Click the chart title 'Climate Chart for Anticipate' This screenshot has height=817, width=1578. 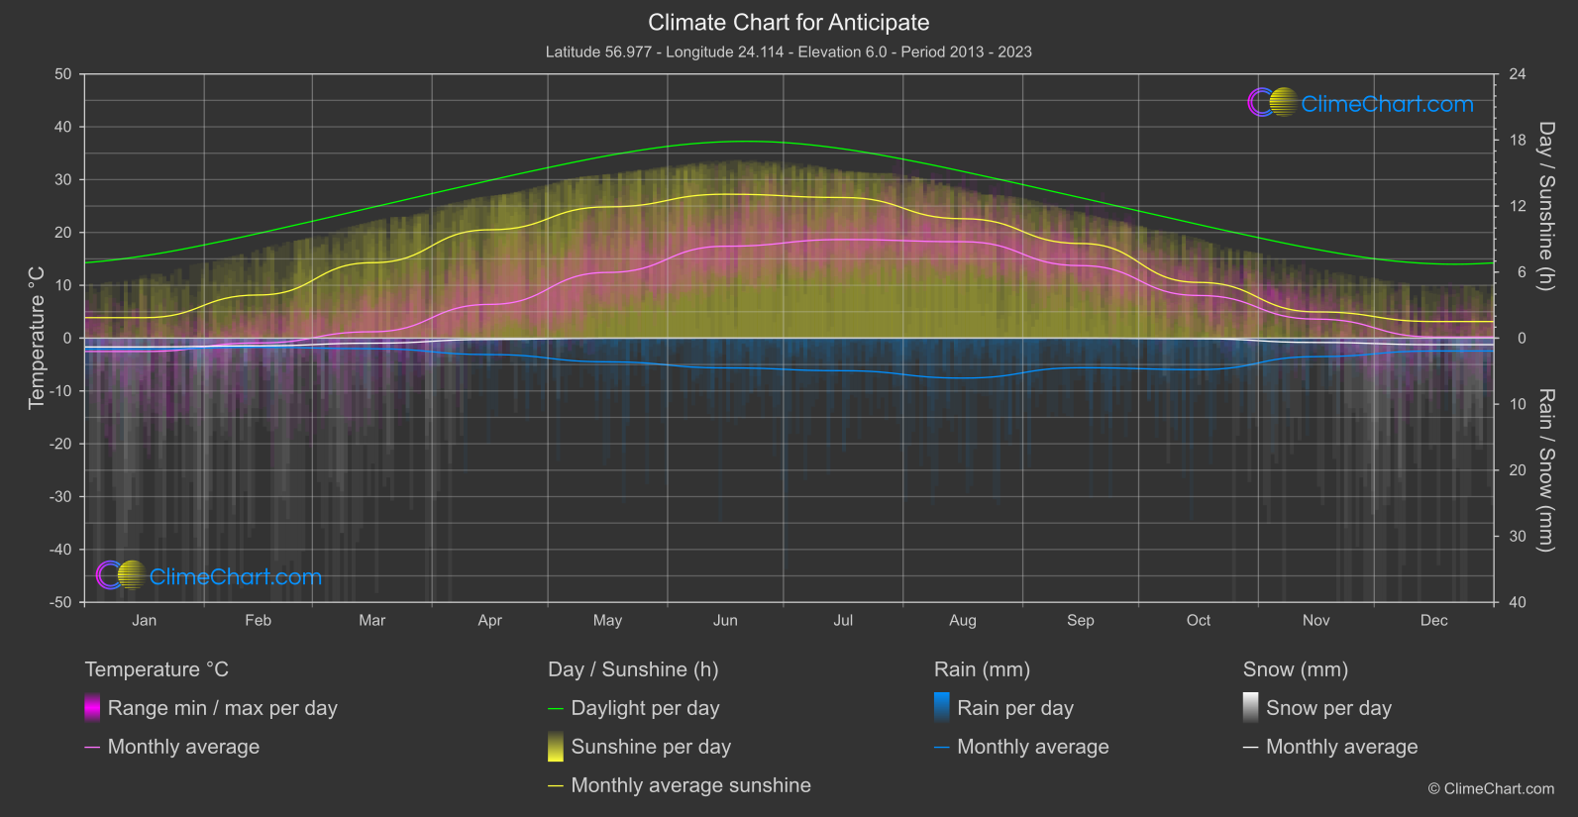click(789, 23)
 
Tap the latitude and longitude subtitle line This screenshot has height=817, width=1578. click(789, 51)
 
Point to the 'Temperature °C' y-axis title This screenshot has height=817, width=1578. click(37, 337)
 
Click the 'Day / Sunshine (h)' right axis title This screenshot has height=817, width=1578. click(1545, 206)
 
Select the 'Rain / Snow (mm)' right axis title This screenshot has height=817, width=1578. click(1545, 469)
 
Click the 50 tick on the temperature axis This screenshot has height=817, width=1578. click(63, 74)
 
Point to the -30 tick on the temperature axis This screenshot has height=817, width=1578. click(60, 496)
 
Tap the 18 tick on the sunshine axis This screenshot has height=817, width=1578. click(1518, 141)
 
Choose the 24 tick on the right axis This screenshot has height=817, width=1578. click(1518, 74)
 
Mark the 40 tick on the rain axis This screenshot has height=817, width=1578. click(1518, 602)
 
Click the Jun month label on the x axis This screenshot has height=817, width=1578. click(725, 621)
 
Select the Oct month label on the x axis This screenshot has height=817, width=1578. click(1199, 621)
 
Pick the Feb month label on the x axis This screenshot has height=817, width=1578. click(258, 621)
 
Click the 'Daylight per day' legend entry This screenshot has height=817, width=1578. click(645, 708)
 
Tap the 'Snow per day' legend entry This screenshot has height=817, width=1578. click(1328, 708)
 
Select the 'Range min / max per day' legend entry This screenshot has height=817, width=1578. click(222, 708)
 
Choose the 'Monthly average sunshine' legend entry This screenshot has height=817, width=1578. click(690, 785)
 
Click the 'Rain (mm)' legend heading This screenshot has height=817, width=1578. click(982, 669)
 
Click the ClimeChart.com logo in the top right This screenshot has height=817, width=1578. click(1361, 103)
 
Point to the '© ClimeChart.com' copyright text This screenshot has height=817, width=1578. click(1491, 789)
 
